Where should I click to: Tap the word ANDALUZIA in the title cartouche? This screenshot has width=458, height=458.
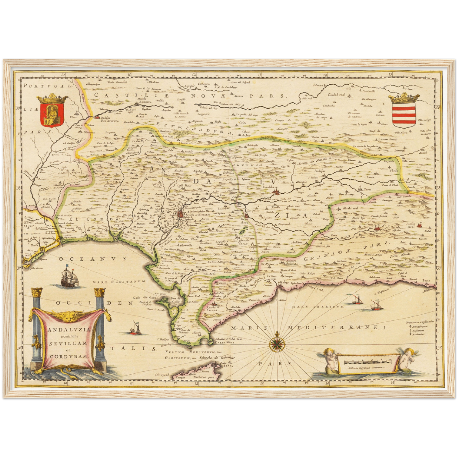pyautogui.click(x=69, y=329)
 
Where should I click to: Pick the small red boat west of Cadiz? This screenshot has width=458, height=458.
pyautogui.click(x=136, y=330)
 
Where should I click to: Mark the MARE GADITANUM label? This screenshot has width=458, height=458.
pyautogui.click(x=119, y=281)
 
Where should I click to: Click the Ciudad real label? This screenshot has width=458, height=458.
pyautogui.click(x=337, y=94)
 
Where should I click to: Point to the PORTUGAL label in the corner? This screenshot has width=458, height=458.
pyautogui.click(x=48, y=86)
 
